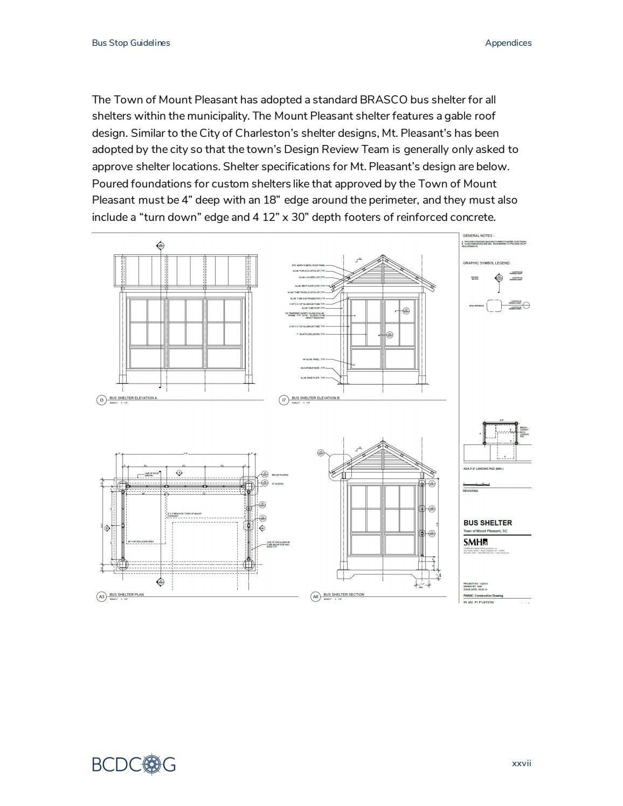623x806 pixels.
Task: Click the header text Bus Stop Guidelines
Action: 130,43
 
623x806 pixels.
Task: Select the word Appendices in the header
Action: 508,43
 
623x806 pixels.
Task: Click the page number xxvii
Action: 521,763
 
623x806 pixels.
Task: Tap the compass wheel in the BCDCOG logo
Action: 153,763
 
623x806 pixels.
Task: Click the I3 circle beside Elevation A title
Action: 101,400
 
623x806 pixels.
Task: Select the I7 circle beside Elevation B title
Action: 283,400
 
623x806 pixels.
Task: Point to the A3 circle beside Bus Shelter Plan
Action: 101,596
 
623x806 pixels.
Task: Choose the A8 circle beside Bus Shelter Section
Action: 315,596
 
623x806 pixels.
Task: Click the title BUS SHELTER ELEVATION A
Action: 133,398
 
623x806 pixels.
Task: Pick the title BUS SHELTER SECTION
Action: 343,594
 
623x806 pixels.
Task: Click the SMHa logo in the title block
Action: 475,542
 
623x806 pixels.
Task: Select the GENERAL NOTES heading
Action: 477,235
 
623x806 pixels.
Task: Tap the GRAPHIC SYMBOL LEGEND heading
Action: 486,263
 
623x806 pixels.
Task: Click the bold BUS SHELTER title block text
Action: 487,523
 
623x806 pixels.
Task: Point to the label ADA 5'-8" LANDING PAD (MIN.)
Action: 483,469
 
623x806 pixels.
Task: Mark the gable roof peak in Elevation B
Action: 383,256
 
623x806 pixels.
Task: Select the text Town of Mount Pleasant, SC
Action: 485,531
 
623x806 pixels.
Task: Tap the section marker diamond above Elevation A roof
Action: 160,246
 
